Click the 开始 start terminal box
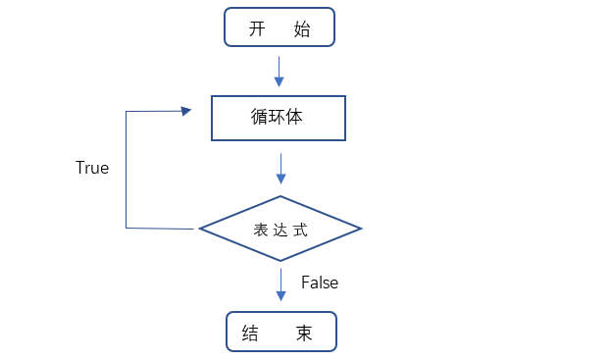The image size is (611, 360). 280,27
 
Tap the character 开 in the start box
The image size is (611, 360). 258,29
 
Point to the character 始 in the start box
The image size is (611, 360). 301,29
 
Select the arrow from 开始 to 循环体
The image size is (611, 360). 280,71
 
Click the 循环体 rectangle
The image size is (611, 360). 279,118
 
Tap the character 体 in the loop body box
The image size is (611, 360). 294,117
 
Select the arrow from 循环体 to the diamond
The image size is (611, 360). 280,168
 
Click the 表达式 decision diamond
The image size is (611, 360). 280,229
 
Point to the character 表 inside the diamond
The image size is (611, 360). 260,230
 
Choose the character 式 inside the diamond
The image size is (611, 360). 301,230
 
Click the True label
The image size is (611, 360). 92,168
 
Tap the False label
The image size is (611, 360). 320,283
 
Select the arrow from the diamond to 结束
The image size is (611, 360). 280,283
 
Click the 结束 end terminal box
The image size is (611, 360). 281,332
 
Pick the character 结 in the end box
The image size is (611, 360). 249,334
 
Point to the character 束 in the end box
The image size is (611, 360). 304,334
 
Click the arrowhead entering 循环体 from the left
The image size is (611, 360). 185,112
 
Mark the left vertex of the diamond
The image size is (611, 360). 200,229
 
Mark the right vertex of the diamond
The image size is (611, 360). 362,229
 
